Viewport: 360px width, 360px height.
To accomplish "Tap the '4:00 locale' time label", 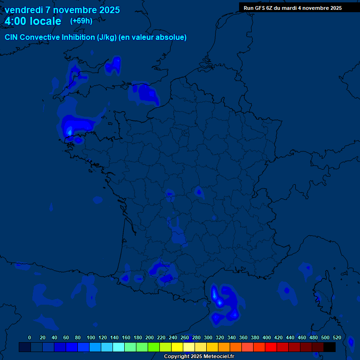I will click(x=33, y=22).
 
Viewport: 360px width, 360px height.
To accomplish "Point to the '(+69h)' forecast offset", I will click(x=81, y=21).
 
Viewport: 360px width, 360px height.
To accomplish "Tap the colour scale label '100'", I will click(x=91, y=337).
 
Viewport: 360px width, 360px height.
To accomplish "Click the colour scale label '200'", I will click(x=150, y=337).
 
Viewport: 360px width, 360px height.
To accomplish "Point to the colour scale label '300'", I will click(x=208, y=337).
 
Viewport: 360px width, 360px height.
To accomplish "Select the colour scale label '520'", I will click(x=337, y=337).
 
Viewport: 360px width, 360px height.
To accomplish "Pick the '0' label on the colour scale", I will click(x=30, y=337).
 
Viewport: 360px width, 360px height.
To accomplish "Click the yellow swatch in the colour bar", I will click(x=177, y=347).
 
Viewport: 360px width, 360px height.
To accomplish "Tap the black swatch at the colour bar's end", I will click(x=330, y=347).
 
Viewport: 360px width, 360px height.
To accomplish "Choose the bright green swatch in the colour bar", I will click(x=153, y=347).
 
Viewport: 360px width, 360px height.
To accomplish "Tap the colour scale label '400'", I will click(x=267, y=337).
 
